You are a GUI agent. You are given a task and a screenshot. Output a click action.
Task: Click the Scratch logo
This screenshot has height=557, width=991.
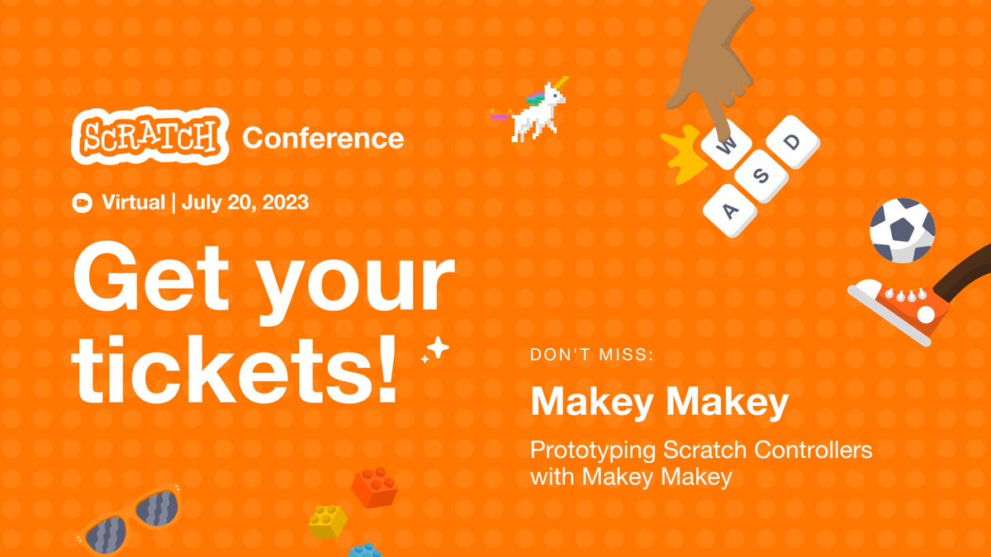(149, 136)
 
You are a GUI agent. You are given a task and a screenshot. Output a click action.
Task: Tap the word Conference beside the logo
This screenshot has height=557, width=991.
(323, 138)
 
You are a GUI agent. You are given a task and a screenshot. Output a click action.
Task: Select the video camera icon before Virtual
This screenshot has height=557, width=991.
(82, 203)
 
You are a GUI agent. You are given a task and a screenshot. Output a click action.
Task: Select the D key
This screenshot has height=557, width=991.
(792, 142)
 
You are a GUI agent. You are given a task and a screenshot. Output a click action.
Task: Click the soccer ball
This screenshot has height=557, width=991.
(902, 230)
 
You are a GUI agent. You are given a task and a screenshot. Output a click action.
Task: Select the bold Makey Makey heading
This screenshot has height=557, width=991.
(659, 403)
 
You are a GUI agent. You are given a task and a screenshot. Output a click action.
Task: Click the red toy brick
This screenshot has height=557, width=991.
(374, 487)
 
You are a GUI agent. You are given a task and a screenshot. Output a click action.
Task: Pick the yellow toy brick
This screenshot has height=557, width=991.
(327, 522)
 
